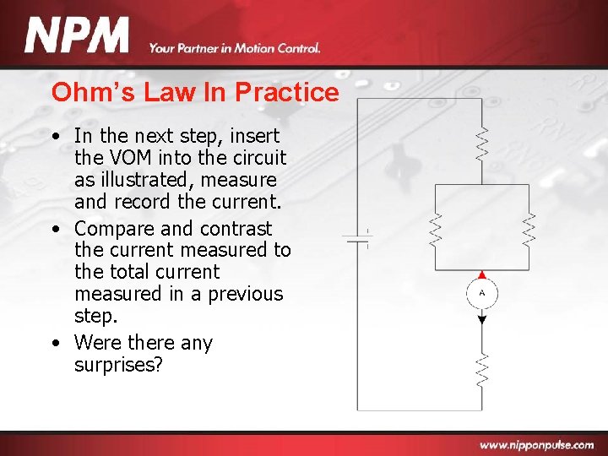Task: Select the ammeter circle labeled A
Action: (482, 294)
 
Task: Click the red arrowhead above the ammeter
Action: (482, 274)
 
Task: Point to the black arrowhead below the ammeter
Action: (482, 318)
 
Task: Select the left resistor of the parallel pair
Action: (436, 229)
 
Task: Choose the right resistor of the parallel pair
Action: (529, 229)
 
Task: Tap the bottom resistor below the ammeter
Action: (482, 368)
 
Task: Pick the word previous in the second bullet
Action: (244, 294)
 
